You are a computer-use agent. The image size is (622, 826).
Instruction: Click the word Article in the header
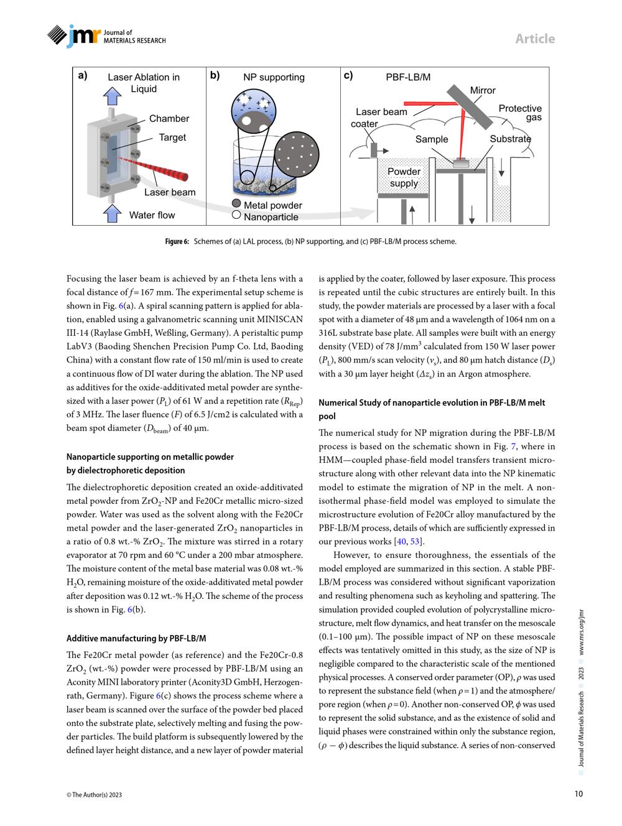(534, 39)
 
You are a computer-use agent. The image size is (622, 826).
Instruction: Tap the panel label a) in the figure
(83, 75)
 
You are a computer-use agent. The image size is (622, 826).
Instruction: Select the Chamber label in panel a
(169, 119)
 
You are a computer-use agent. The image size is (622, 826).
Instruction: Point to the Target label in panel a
(172, 137)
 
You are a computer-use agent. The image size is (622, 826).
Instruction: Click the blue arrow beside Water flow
(112, 213)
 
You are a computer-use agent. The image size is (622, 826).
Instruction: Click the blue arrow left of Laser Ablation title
(113, 95)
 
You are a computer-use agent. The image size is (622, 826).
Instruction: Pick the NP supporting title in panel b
(274, 78)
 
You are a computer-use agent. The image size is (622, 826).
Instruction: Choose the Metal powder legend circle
(236, 203)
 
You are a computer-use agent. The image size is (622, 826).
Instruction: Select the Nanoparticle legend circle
(236, 215)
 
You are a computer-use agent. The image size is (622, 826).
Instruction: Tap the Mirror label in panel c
(483, 90)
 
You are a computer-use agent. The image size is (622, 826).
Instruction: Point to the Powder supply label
(404, 177)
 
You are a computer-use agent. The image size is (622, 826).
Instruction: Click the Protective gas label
(521, 113)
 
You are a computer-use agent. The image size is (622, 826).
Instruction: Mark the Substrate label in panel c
(510, 139)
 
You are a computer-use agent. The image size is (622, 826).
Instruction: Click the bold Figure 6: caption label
(177, 241)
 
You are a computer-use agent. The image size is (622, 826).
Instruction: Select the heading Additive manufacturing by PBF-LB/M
(136, 638)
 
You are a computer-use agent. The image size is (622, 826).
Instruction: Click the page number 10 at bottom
(578, 794)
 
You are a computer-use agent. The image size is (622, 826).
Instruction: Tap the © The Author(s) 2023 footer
(94, 795)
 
